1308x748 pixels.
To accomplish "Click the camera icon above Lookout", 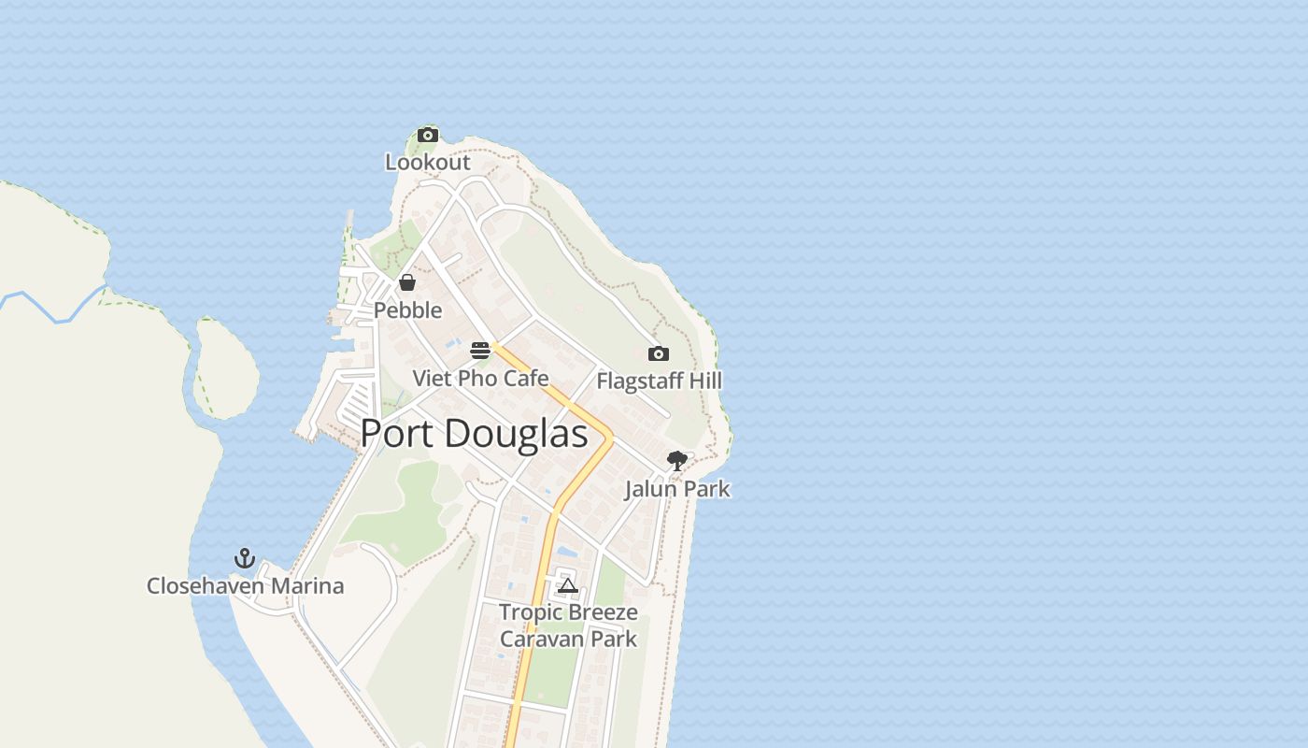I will [x=428, y=136].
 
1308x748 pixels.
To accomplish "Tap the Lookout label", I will [x=428, y=163].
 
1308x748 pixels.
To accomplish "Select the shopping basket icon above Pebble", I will [x=407, y=282].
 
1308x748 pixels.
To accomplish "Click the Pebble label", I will [x=407, y=309].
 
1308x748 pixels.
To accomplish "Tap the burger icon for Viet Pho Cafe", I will [x=480, y=351].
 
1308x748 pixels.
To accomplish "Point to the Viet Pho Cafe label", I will [x=480, y=378].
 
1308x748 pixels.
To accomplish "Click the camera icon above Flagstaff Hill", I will [x=659, y=353].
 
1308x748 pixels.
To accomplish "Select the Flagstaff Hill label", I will [x=659, y=381].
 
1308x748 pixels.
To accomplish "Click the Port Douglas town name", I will [x=474, y=434].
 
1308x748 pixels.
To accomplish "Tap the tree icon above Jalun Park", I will [x=677, y=461].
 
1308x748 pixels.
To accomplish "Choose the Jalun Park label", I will [x=677, y=489].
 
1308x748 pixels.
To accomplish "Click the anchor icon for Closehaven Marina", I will [x=245, y=558].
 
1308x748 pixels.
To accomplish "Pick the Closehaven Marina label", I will [x=245, y=586].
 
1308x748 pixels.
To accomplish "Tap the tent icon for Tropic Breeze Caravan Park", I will [x=567, y=586].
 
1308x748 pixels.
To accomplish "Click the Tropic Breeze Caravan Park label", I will [x=568, y=626].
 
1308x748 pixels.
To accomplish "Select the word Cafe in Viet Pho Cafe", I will [x=526, y=378].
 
